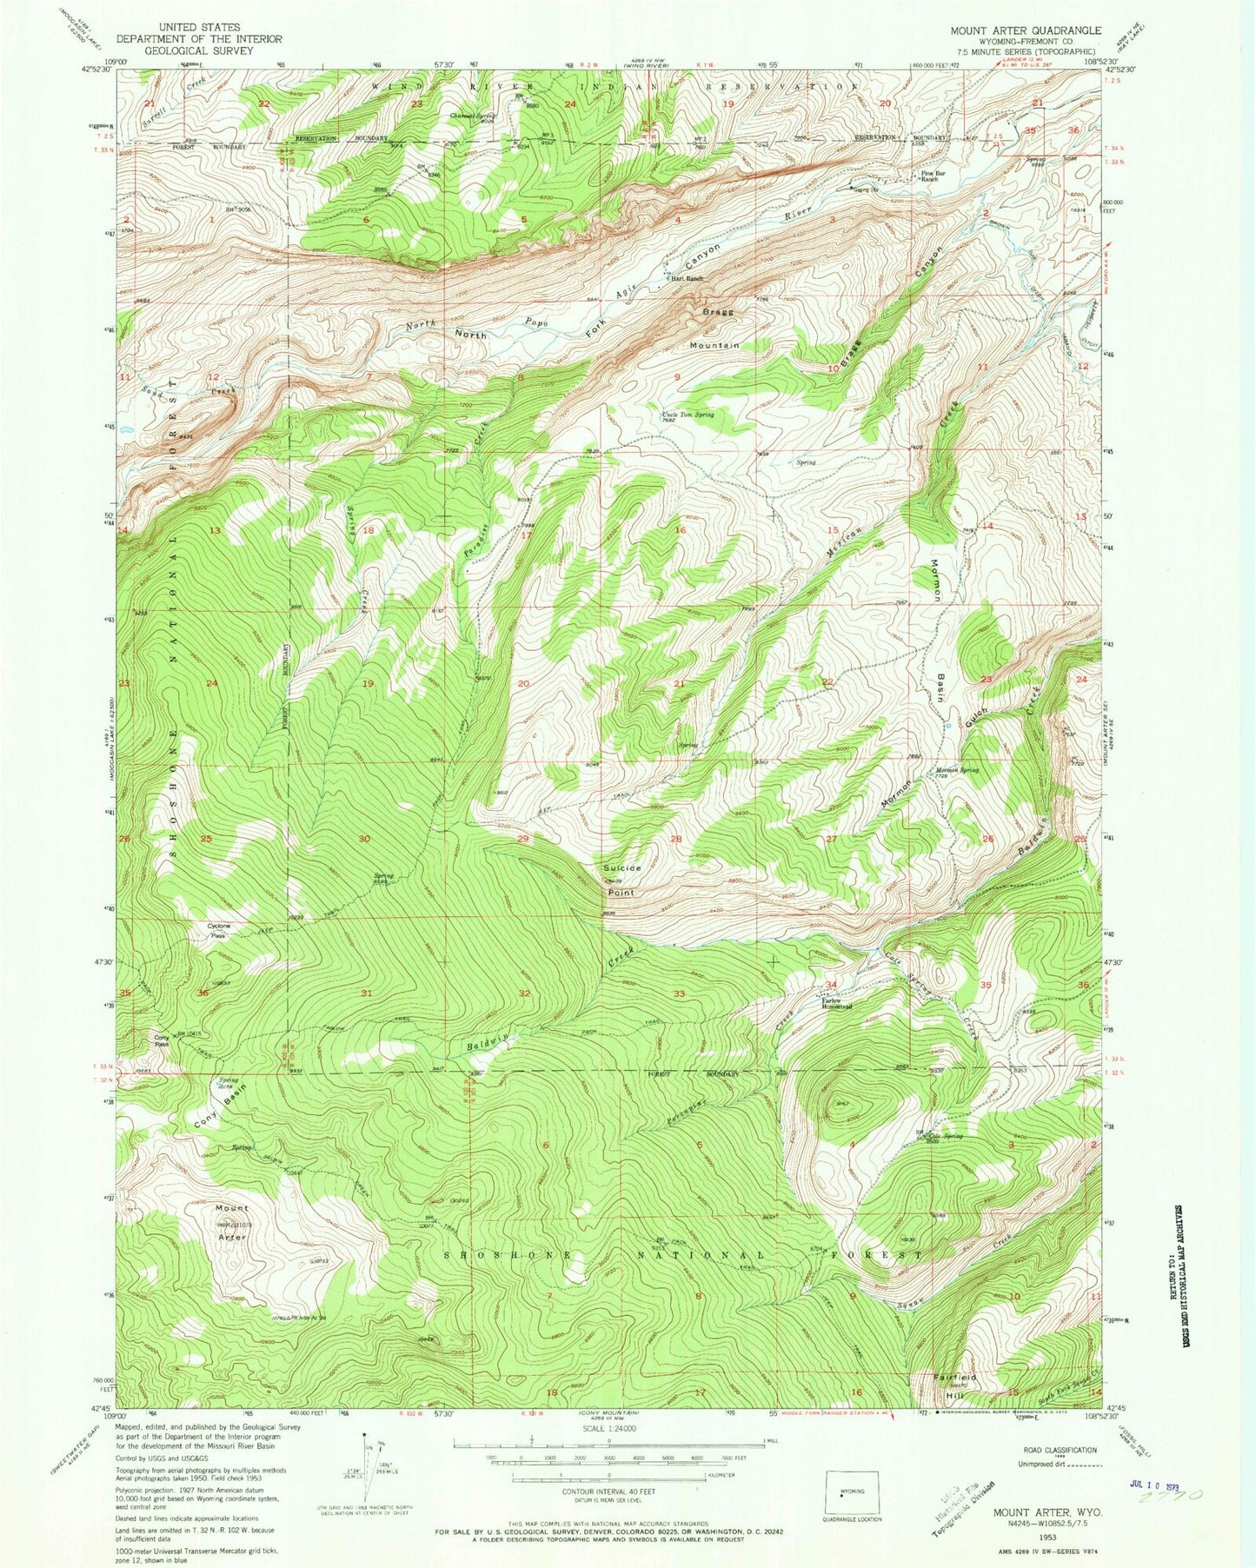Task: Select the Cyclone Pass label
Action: click(x=219, y=930)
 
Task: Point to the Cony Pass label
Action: click(x=162, y=1040)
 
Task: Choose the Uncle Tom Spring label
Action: click(x=688, y=415)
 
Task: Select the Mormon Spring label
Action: click(x=957, y=770)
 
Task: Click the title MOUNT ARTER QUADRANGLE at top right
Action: click(x=1025, y=30)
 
